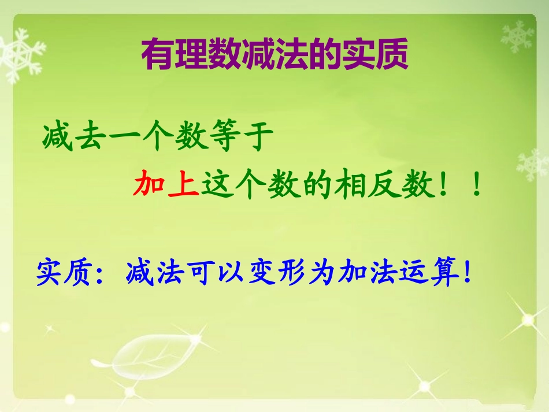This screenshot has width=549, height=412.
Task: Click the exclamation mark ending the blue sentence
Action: [468, 272]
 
